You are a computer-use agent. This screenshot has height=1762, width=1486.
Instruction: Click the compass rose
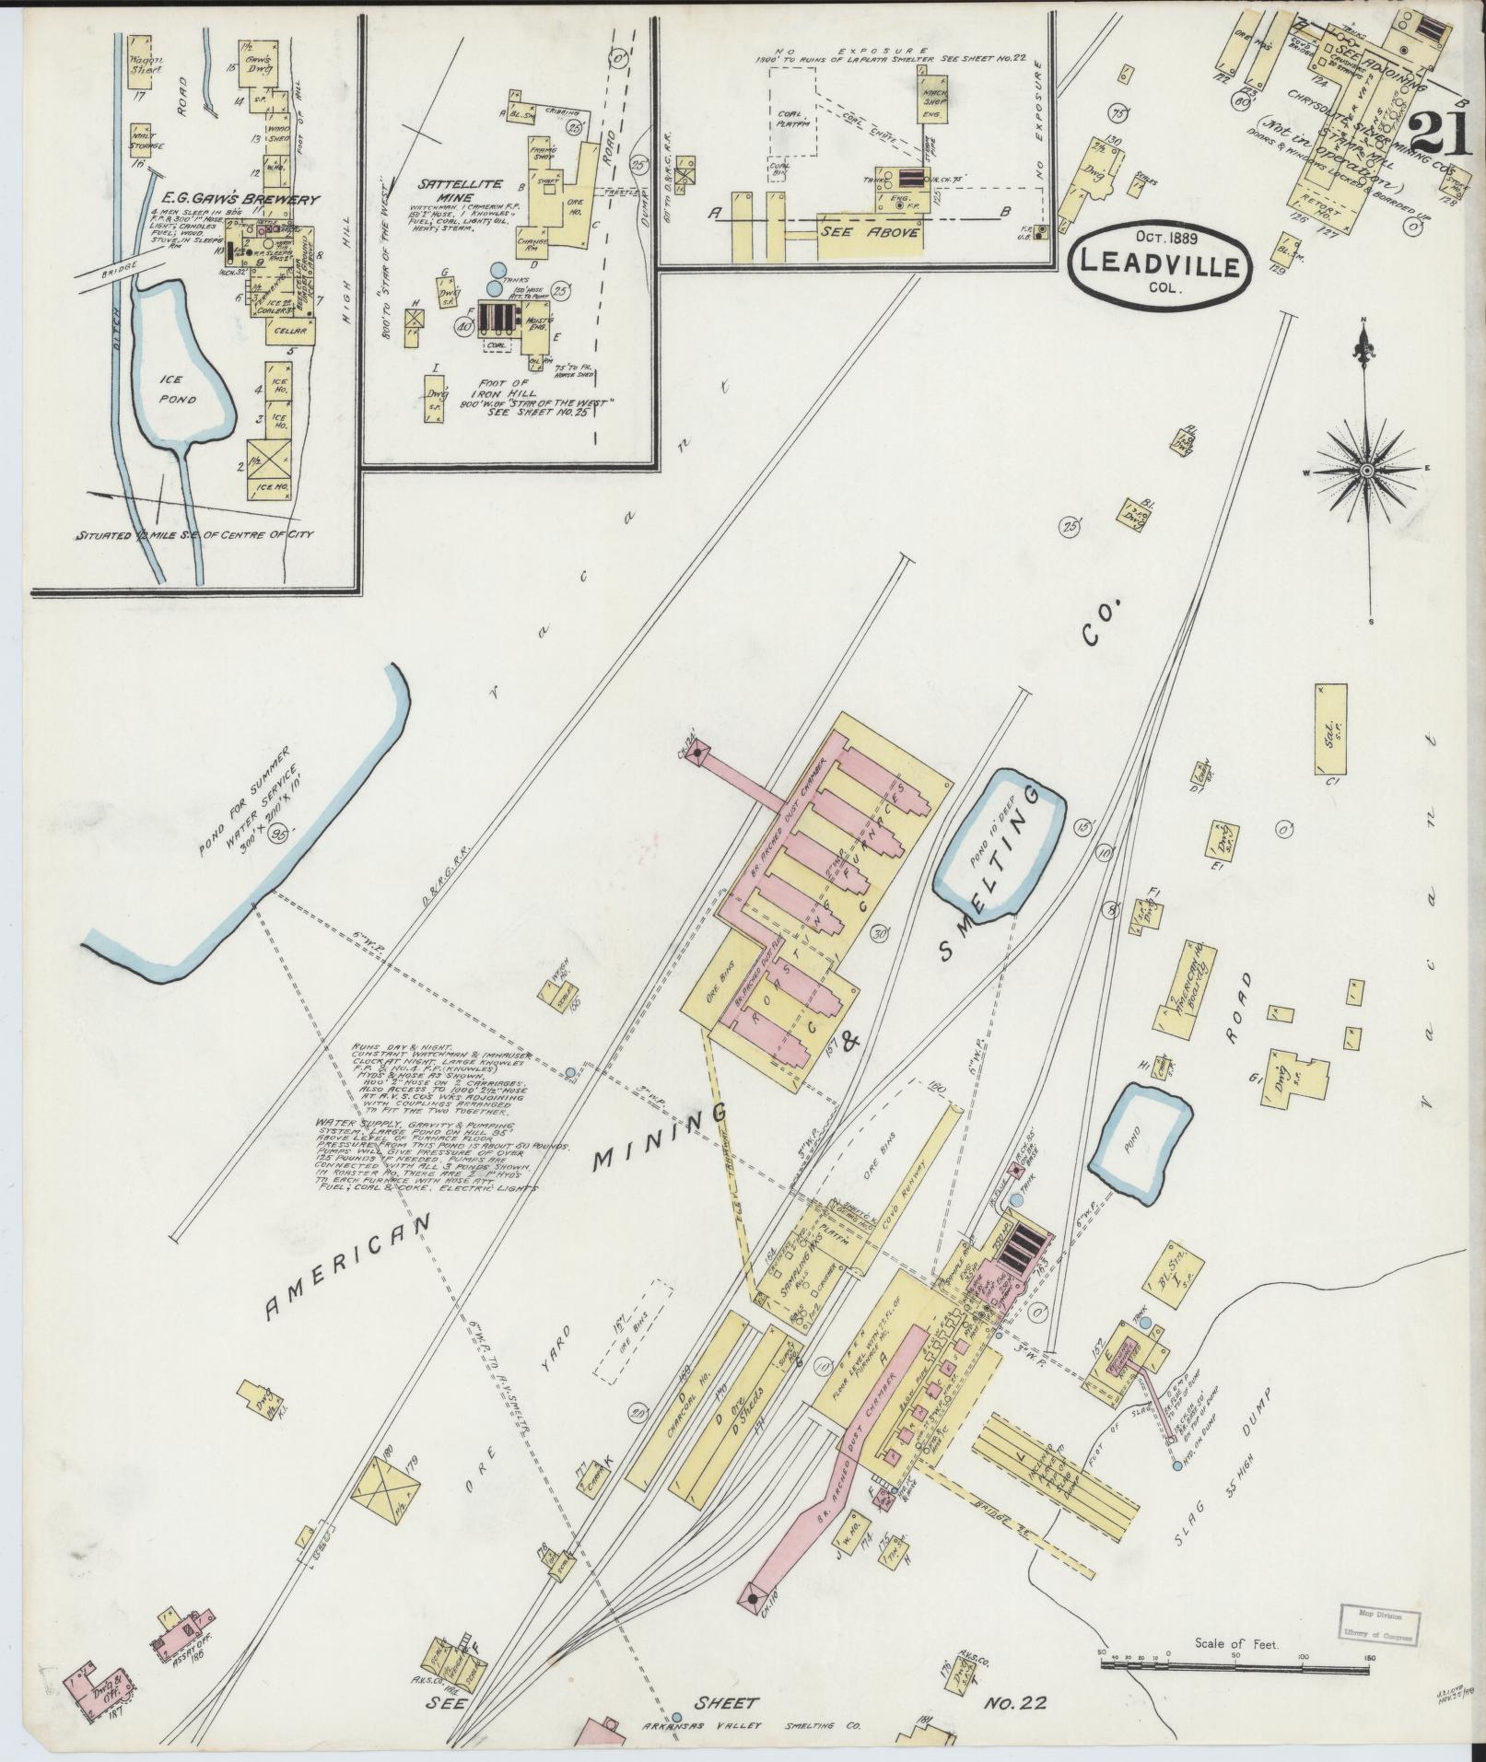1366,471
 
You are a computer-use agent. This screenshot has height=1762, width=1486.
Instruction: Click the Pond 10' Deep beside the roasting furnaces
999,841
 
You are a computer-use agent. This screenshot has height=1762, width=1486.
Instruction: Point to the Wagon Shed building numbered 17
144,60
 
